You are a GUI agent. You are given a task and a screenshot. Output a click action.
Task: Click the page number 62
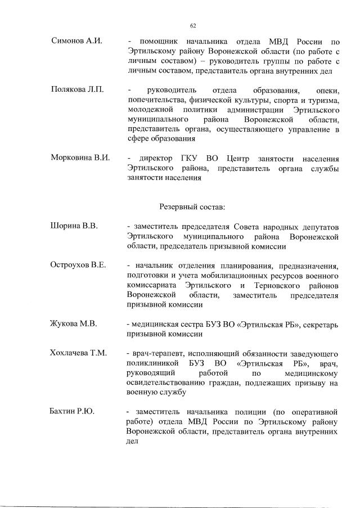(192, 25)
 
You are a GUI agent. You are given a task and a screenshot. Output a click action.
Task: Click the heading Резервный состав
(192, 207)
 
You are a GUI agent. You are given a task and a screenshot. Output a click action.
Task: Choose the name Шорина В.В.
(74, 226)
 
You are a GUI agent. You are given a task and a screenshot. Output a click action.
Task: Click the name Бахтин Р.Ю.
(73, 412)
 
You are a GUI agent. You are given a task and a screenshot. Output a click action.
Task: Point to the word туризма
(322, 100)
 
